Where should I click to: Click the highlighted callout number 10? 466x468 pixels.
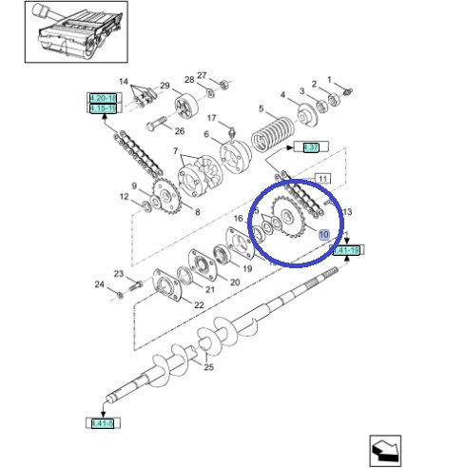click(x=323, y=234)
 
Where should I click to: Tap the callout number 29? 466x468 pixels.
click(x=165, y=87)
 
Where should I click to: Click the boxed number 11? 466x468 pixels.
click(x=322, y=179)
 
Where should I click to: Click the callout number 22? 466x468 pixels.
click(x=199, y=304)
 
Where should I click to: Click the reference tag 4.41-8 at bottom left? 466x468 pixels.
click(x=101, y=421)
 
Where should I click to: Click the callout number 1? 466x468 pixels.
click(x=329, y=80)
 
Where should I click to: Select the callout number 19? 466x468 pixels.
click(x=246, y=269)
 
